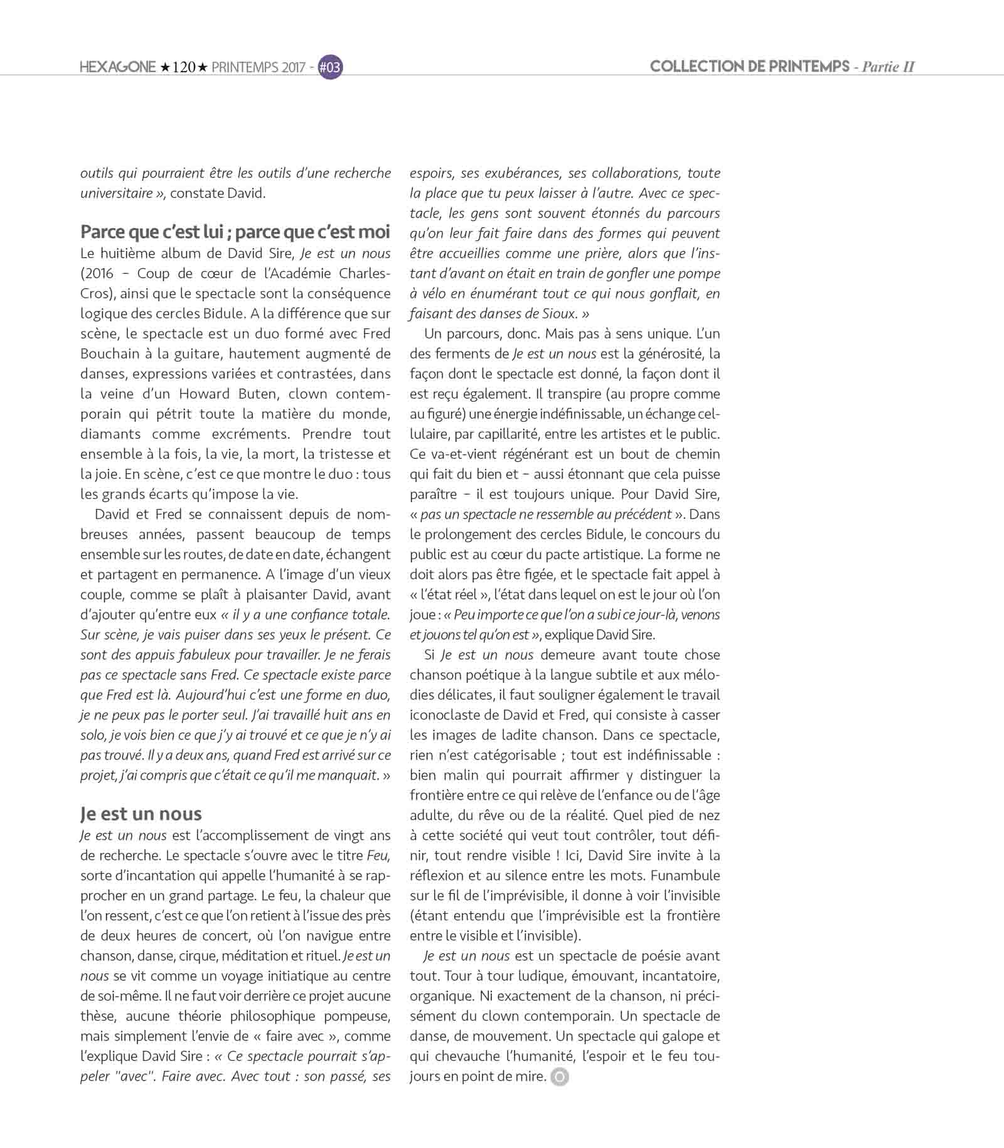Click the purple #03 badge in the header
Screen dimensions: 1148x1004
(330, 67)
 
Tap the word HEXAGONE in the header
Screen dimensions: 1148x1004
(117, 67)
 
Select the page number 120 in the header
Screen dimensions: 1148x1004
(184, 67)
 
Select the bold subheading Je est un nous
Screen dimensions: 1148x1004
(141, 813)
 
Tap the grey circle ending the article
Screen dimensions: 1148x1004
(559, 1077)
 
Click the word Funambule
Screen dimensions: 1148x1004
(685, 875)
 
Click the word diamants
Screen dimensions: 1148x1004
(110, 434)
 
